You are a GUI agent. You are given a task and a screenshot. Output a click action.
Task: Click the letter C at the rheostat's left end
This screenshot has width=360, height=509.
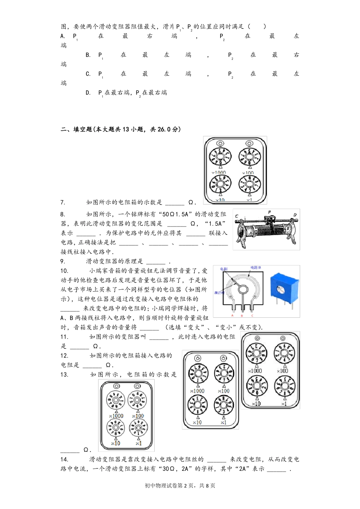point(237,217)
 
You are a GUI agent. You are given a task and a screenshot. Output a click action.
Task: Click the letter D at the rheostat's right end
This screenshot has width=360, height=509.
point(295,215)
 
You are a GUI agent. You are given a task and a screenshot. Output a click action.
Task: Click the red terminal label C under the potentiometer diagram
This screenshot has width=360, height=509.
point(252,315)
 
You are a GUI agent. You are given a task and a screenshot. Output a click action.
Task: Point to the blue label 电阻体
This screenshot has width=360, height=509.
point(255,268)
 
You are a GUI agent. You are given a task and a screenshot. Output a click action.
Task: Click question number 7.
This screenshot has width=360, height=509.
point(63,203)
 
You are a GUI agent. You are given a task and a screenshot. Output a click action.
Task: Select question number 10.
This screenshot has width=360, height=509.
point(64,271)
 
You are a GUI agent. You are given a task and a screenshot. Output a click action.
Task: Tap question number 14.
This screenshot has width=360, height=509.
point(64,459)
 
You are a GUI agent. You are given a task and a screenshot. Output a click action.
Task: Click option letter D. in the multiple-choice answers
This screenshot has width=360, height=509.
point(88,93)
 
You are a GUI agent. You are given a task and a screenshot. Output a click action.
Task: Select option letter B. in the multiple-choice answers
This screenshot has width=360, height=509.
point(88,55)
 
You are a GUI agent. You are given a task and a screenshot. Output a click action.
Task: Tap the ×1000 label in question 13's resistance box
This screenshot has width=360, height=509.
point(116,416)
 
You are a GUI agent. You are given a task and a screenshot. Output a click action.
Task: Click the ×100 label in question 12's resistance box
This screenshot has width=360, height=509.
point(224,391)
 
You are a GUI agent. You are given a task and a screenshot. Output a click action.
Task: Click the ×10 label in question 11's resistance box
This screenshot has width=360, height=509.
point(256,404)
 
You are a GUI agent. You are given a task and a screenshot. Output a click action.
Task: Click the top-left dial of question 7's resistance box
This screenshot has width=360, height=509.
point(220,156)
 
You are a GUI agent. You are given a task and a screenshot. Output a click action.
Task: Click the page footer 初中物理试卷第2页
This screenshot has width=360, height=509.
point(169,486)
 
